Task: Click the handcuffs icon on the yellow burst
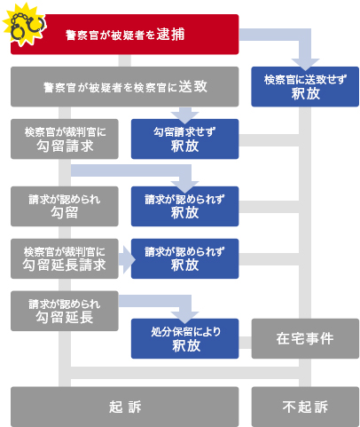27,26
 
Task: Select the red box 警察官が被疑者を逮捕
124,35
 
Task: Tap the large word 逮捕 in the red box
170,35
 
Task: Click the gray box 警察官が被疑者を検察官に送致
124,86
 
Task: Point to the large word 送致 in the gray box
193,86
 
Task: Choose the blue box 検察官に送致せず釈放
305,86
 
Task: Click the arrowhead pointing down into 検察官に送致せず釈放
305,64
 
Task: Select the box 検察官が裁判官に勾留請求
65,138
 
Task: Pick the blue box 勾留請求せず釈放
184,138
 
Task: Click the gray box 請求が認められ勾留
65,206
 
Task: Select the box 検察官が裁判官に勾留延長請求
65,258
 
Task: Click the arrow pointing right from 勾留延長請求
127,259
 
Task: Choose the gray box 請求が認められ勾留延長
65,311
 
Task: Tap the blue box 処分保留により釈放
184,338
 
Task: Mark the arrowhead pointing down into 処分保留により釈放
184,317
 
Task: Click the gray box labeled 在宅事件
305,338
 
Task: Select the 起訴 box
124,407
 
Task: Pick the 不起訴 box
305,407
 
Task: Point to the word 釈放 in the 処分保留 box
186,345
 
